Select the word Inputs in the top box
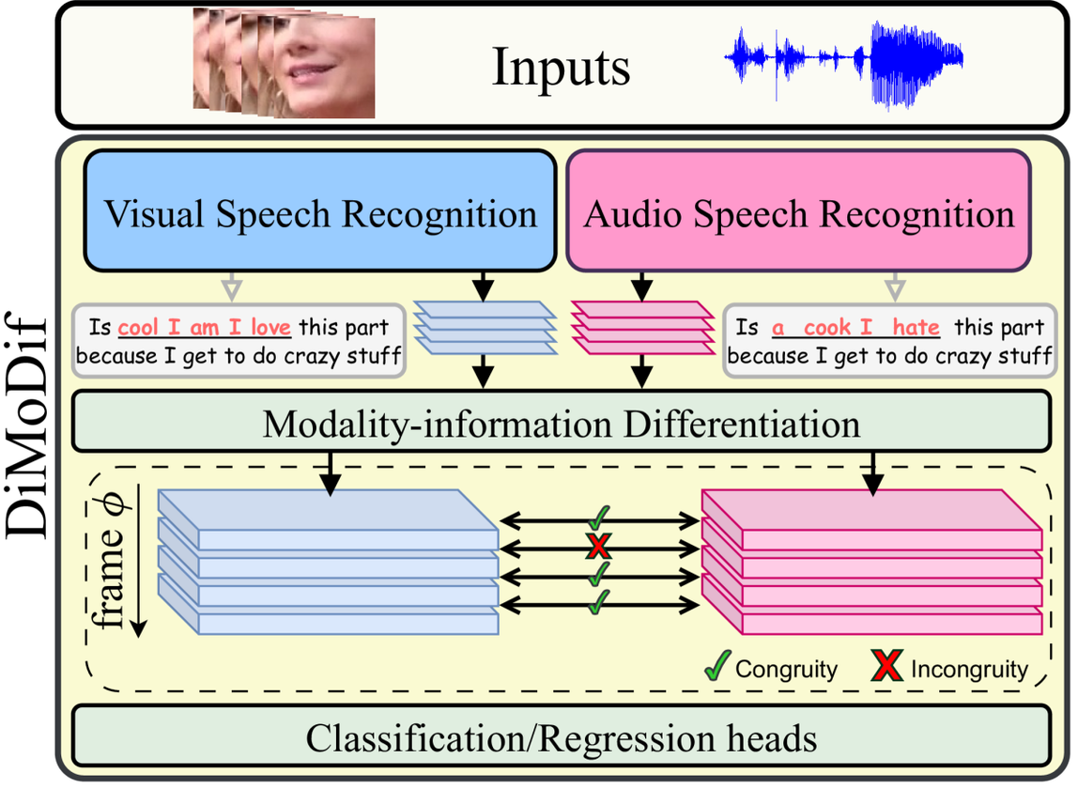click(x=561, y=67)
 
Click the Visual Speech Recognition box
click(x=319, y=212)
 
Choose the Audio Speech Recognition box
click(x=799, y=212)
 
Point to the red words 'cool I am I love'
click(x=205, y=328)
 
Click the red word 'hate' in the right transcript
click(x=916, y=328)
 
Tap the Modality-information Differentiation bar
click(x=561, y=424)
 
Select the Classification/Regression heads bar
click(x=561, y=738)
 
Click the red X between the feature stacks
click(x=598, y=547)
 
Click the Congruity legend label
click(x=786, y=670)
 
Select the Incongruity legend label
click(x=969, y=670)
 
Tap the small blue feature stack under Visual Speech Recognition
click(x=483, y=327)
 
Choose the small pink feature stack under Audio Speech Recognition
click(x=642, y=327)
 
